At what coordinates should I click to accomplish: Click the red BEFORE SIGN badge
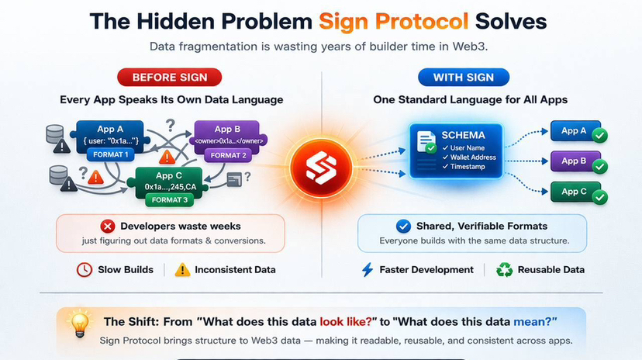(169, 77)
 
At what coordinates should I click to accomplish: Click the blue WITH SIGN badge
(463, 77)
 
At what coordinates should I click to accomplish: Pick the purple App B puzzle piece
(227, 137)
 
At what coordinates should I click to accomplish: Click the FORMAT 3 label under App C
(169, 200)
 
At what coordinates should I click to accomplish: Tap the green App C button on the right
(571, 192)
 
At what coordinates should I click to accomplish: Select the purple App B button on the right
(571, 161)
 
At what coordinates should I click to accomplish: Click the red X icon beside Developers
(107, 227)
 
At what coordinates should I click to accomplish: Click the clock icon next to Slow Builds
(85, 270)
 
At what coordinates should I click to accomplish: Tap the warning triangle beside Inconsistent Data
(182, 270)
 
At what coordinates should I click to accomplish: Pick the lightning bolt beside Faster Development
(368, 270)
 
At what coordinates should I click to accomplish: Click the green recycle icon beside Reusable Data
(505, 270)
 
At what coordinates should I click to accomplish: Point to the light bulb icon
(79, 323)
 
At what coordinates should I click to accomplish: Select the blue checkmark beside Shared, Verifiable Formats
(403, 227)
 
